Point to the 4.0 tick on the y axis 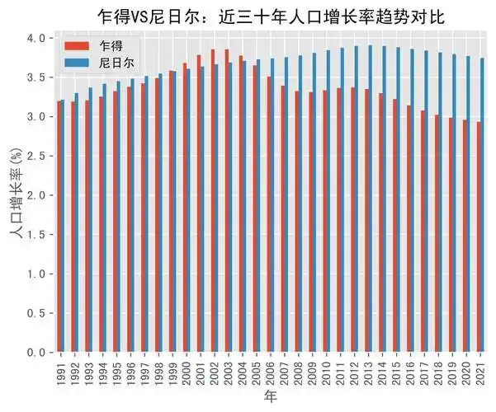click(36, 38)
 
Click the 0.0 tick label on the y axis click(36, 353)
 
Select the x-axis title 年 click(272, 398)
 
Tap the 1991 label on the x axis click(61, 370)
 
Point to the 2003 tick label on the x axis click(229, 370)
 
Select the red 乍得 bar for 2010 click(325, 222)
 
